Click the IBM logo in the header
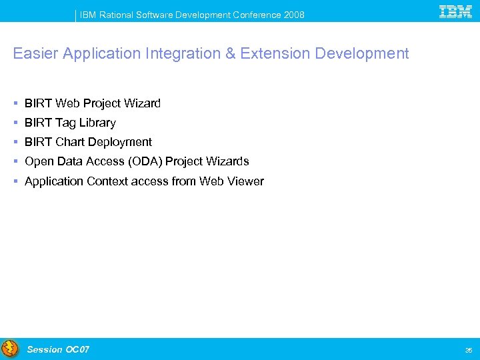coord(456,11)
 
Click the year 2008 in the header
coord(293,15)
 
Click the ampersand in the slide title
coord(231,54)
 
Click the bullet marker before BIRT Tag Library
coord(15,123)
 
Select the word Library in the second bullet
coord(97,123)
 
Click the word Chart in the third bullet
coord(70,142)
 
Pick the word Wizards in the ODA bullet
coord(227,161)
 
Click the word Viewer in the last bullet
coord(246,181)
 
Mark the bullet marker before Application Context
coord(15,181)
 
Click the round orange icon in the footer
coord(10,349)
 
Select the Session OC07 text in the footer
coord(58,349)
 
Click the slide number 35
coord(467,350)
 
